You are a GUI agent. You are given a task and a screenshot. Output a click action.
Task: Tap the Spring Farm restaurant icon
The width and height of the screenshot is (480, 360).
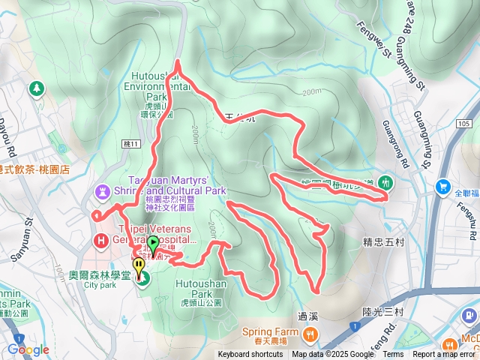click(x=308, y=333)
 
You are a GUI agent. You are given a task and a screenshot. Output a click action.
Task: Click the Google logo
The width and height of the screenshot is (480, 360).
click(x=28, y=349)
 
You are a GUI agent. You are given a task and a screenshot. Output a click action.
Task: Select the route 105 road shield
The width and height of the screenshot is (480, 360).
click(x=463, y=124)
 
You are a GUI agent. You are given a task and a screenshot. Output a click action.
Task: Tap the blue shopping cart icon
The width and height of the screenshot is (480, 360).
click(x=443, y=187)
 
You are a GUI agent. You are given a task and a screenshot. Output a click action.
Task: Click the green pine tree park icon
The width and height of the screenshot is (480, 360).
click(x=35, y=89)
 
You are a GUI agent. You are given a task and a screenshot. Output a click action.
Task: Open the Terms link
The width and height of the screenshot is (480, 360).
click(x=393, y=355)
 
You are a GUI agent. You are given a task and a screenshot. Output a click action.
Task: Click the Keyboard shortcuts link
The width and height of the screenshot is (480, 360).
click(x=250, y=355)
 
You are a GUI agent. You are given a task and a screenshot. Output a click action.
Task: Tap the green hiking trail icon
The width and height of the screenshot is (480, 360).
click(x=385, y=182)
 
